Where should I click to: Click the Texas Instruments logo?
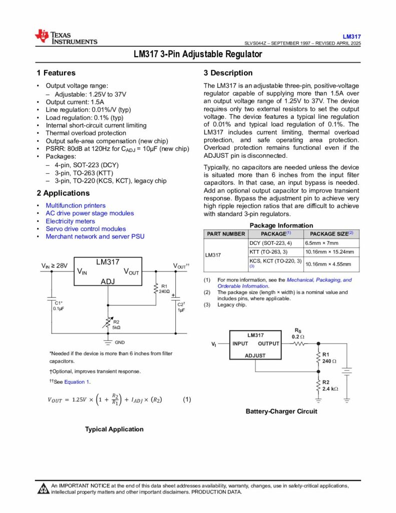(x=66, y=37)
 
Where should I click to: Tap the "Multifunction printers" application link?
(x=76, y=205)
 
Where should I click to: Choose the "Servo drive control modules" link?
(x=86, y=229)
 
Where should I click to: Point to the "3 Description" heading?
(x=228, y=73)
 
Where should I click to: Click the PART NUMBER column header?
(x=226, y=234)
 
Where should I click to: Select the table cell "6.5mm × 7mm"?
(x=321, y=243)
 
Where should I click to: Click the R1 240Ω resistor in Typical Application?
(x=156, y=289)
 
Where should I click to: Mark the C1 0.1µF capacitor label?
(x=59, y=306)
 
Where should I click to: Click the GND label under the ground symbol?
(x=120, y=342)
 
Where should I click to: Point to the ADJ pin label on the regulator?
(x=108, y=282)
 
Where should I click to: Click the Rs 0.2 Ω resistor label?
(x=298, y=334)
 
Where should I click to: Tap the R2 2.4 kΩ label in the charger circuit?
(x=330, y=385)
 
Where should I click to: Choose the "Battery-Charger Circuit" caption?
(x=281, y=411)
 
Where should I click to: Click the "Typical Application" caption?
(x=114, y=429)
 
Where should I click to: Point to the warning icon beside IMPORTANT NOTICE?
(x=43, y=488)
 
